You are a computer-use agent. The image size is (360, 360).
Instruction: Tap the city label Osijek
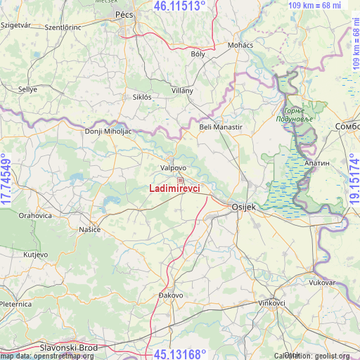(x=246, y=207)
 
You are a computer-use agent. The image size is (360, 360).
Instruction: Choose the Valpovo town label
(x=173, y=168)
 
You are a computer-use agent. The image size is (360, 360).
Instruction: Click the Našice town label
(x=89, y=230)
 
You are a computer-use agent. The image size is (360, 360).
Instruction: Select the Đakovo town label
(x=171, y=295)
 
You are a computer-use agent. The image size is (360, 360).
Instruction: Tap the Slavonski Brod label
(x=69, y=347)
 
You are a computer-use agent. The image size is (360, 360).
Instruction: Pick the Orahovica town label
(x=35, y=216)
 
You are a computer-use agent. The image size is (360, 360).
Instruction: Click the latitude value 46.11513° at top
(x=179, y=6)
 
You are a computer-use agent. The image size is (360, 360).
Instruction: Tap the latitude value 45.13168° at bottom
(x=179, y=354)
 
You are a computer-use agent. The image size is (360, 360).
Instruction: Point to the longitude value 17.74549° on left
(x=6, y=180)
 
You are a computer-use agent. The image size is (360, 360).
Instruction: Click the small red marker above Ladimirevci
(x=180, y=180)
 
